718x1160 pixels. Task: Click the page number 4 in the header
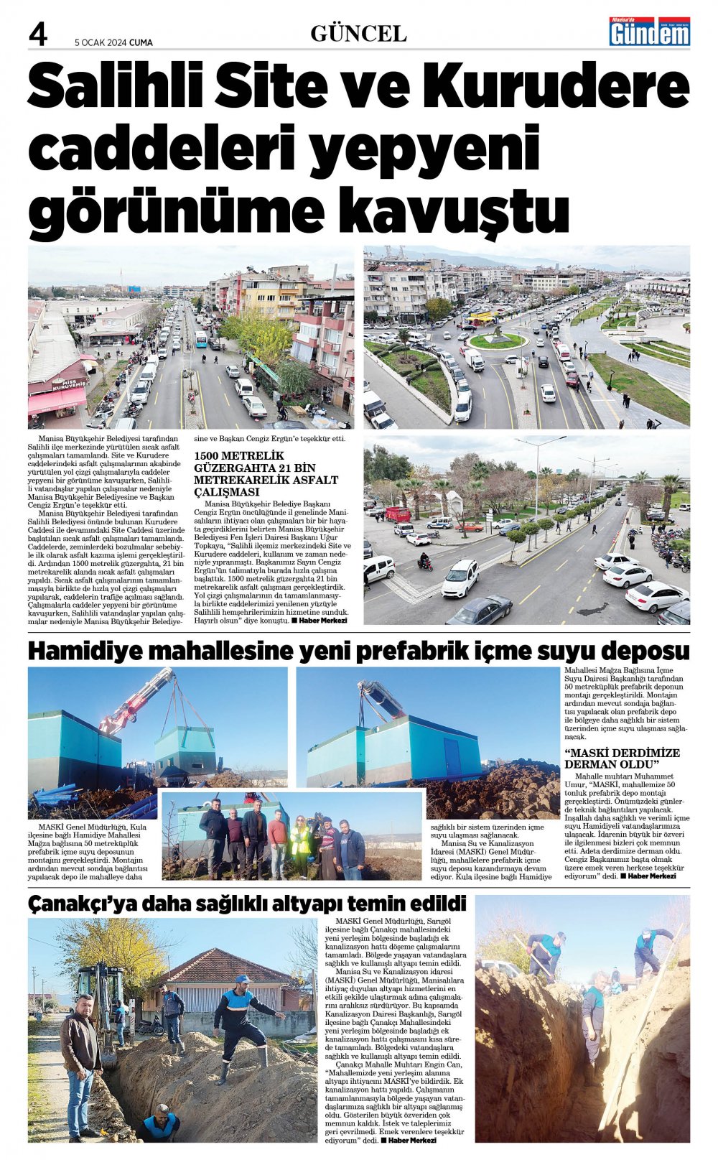click(x=38, y=34)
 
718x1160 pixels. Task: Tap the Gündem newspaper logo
click(x=649, y=32)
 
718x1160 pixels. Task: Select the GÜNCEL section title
click(x=358, y=34)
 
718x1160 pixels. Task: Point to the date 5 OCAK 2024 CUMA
click(x=113, y=42)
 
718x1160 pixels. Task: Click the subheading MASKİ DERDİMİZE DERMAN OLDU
click(x=622, y=758)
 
